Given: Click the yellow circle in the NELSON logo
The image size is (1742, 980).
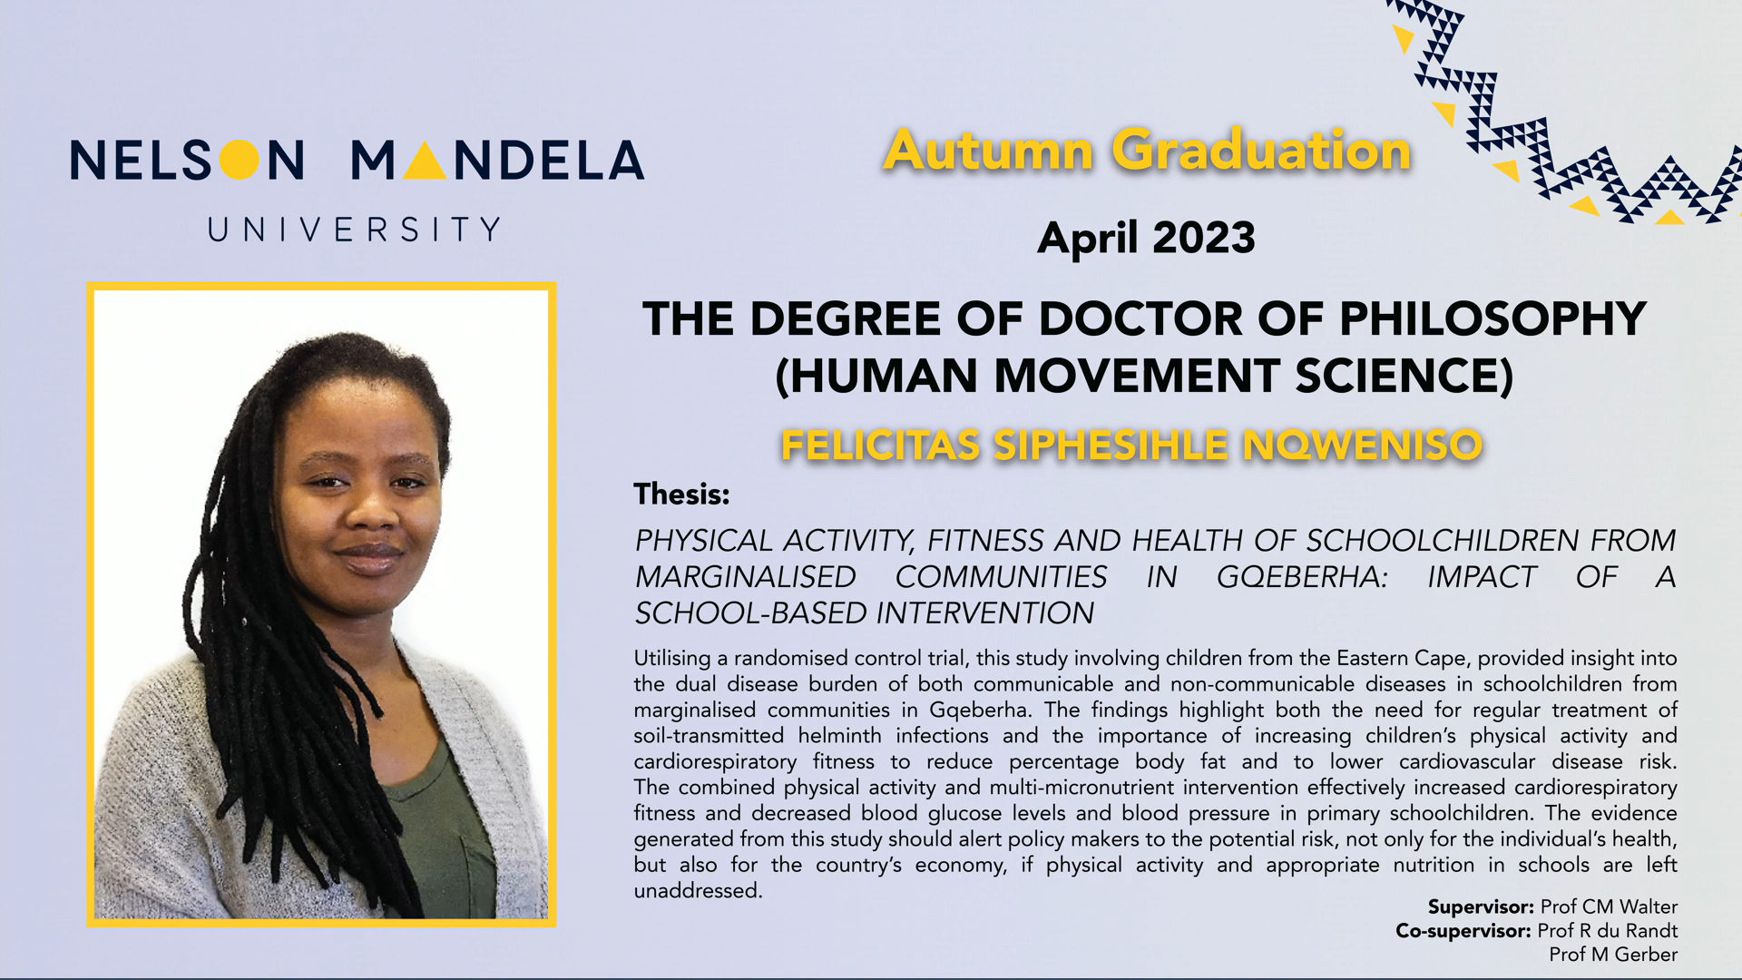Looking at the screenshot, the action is [239, 161].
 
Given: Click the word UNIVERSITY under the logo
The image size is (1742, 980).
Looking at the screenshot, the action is [354, 230].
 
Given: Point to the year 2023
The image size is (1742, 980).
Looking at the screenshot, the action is [1204, 238].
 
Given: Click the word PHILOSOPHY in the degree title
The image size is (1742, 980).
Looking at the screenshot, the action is [1492, 318].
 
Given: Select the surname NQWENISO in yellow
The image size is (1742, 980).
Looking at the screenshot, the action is [1362, 446].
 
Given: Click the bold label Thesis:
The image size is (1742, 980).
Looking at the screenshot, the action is [681, 495].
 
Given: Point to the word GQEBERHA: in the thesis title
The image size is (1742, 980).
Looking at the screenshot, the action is [1302, 577].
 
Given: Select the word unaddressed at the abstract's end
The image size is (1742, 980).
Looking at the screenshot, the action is [697, 891].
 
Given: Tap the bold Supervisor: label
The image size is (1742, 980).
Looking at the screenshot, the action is [1481, 907].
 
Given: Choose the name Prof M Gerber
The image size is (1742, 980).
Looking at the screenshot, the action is [1613, 955].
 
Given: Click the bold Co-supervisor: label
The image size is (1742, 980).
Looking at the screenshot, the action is [1463, 931].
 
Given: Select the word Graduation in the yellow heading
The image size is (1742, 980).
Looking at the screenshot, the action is [1262, 150].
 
